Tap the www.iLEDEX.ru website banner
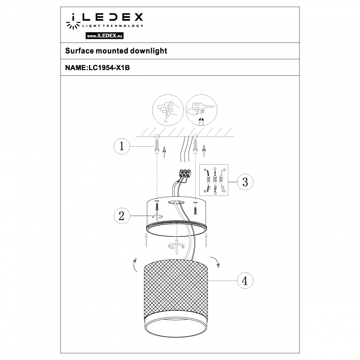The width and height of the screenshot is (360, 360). point(104,36)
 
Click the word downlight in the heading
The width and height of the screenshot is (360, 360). point(148,51)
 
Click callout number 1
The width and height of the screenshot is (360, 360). point(121,146)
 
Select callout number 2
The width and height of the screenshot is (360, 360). point(121,216)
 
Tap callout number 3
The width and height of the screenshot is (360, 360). point(245,182)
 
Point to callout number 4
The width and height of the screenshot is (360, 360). point(245,280)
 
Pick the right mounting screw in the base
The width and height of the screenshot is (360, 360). point(196,209)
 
